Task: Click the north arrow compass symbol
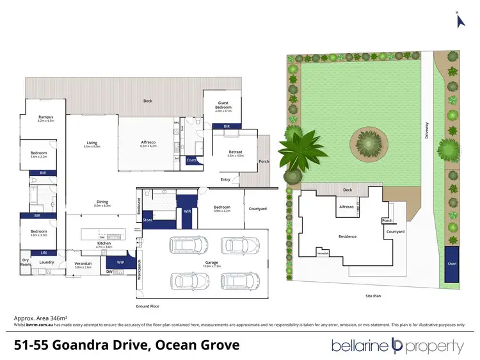459,20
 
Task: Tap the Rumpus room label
45,119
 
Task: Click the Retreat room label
235,152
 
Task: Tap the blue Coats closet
191,160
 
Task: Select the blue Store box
147,220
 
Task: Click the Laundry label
46,262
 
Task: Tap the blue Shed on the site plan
452,263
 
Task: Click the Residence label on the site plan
348,236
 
